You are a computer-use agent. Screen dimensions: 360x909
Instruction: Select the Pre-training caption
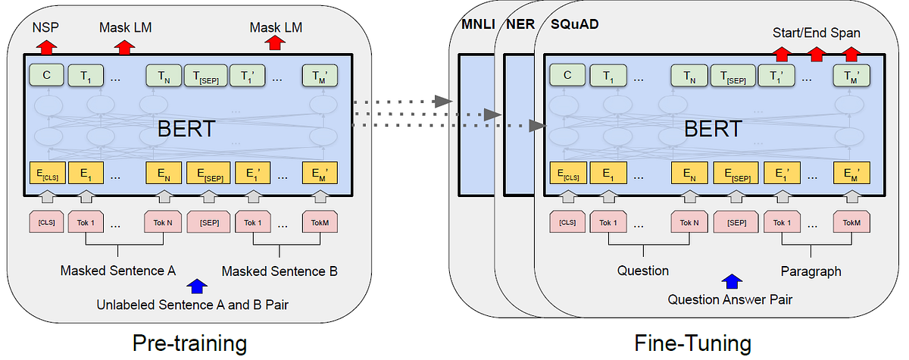coord(189,343)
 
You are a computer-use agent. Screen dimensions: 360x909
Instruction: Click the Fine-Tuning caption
coord(693,343)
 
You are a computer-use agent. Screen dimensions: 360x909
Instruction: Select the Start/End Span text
coord(816,33)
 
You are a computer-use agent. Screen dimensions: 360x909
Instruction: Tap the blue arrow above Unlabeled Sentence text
coord(197,286)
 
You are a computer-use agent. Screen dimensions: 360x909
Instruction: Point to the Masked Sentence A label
coord(118,271)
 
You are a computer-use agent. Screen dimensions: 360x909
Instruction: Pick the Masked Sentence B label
coord(280,271)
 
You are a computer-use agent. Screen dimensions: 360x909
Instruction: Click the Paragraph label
coord(811,271)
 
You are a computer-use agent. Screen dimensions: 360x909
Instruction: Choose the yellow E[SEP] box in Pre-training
coord(208,174)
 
